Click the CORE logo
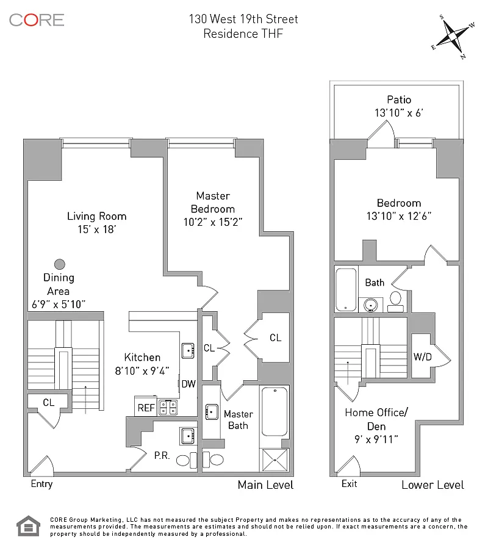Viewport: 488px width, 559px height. [37, 20]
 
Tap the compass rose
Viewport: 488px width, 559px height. [453, 36]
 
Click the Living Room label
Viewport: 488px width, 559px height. [96, 216]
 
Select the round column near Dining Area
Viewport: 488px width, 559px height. [59, 264]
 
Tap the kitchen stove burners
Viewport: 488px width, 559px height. [168, 407]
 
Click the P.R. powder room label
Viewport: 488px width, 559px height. [162, 455]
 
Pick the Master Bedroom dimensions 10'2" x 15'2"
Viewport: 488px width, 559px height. [213, 222]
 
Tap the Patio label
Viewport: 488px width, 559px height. [399, 99]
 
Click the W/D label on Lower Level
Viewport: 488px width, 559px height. [422, 356]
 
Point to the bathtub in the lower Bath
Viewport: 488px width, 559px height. [346, 290]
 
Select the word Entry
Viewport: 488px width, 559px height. [41, 484]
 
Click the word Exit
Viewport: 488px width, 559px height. [350, 484]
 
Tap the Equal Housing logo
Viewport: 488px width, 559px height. [27, 527]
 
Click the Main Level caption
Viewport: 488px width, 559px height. [265, 485]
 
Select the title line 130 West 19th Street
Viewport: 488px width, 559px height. [243, 20]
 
